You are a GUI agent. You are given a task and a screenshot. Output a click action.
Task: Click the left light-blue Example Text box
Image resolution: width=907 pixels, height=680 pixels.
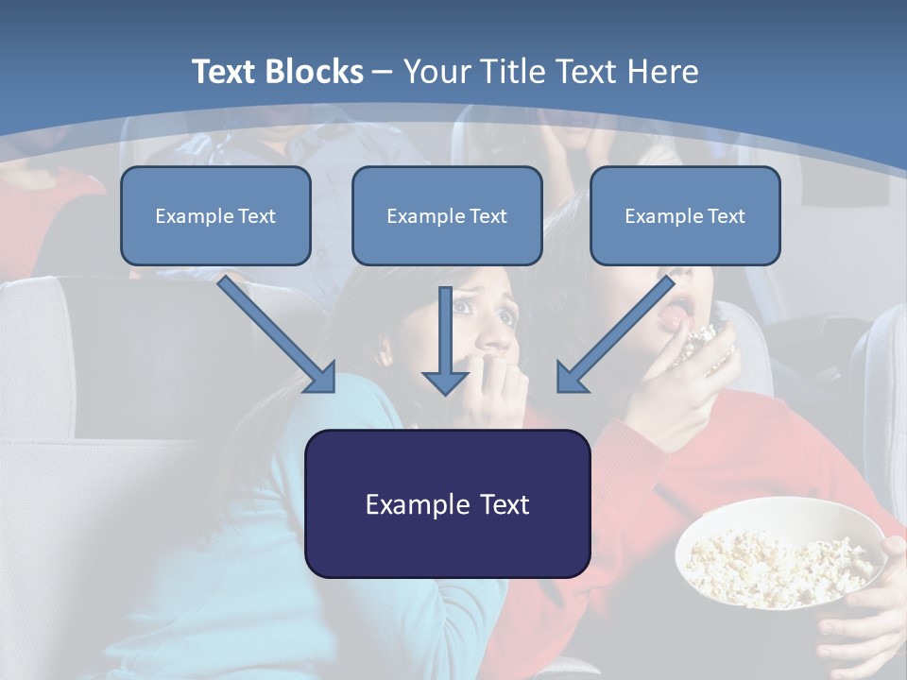[x=215, y=216]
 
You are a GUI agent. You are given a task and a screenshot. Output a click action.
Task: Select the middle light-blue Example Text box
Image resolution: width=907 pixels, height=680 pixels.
[x=447, y=216]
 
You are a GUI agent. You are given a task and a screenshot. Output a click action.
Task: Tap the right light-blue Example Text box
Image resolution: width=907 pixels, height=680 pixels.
[x=685, y=216]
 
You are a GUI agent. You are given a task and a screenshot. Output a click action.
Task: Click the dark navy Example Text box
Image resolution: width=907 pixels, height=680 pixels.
[x=447, y=504]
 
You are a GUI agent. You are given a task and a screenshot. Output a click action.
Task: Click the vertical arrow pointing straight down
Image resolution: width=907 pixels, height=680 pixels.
[x=445, y=340]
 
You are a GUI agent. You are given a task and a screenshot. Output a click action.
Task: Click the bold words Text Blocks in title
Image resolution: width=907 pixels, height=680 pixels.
[x=277, y=72]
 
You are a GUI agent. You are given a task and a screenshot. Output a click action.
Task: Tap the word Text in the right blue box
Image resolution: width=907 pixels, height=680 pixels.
[x=726, y=216]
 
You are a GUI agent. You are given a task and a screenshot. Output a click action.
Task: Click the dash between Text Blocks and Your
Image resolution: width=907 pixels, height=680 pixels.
[x=383, y=72]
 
